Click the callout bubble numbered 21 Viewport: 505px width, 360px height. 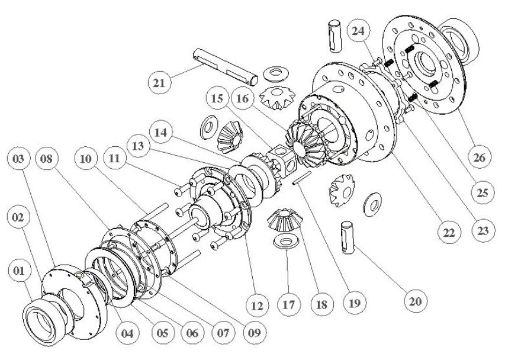[159, 83]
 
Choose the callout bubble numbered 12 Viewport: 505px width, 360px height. [256, 306]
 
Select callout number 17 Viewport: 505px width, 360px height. [289, 306]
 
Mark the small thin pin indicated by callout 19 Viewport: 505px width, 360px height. [301, 176]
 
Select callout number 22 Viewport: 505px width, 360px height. [448, 233]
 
